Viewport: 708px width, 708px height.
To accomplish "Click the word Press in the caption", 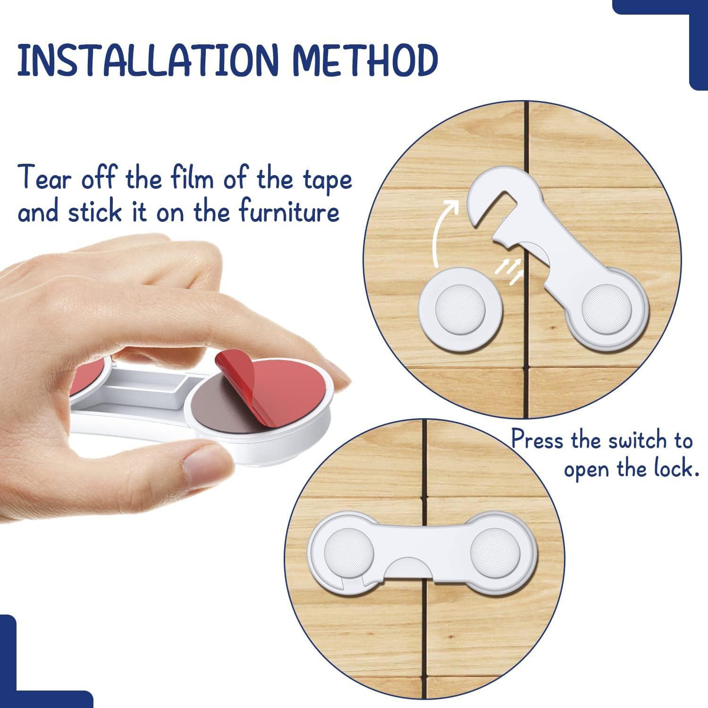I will [538, 440].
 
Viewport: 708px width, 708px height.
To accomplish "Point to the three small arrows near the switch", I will [509, 270].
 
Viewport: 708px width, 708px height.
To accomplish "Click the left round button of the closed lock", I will [348, 551].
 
